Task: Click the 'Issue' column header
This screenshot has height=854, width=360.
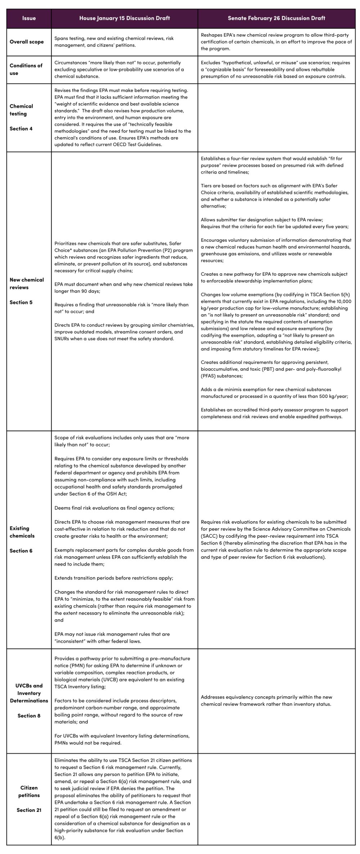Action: [29, 18]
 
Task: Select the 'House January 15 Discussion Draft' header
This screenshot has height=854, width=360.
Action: [124, 18]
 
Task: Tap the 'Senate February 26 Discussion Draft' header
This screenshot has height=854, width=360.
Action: [276, 18]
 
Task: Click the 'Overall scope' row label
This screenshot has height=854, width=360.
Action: [27, 42]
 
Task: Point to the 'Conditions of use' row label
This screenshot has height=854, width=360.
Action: [26, 69]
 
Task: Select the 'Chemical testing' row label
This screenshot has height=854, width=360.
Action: [21, 110]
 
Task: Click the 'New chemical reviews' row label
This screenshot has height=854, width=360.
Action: [27, 283]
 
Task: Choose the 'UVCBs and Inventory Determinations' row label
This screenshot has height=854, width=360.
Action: [29, 693]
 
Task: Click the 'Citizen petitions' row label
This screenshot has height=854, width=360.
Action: [29, 791]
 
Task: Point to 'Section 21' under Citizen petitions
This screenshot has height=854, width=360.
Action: [29, 810]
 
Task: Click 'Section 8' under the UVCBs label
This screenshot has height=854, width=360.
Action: [29, 715]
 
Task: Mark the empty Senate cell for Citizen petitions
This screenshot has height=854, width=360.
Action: [276, 799]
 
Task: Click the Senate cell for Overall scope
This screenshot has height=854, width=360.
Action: [276, 42]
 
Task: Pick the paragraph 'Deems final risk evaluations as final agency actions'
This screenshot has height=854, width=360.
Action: [114, 508]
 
